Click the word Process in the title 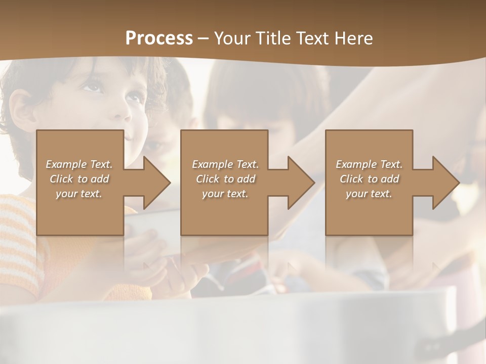[159, 38]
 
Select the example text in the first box [79, 179]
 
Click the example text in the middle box [225, 179]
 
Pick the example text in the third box [369, 179]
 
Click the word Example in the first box [65, 164]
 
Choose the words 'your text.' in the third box [369, 194]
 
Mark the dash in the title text [203, 38]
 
